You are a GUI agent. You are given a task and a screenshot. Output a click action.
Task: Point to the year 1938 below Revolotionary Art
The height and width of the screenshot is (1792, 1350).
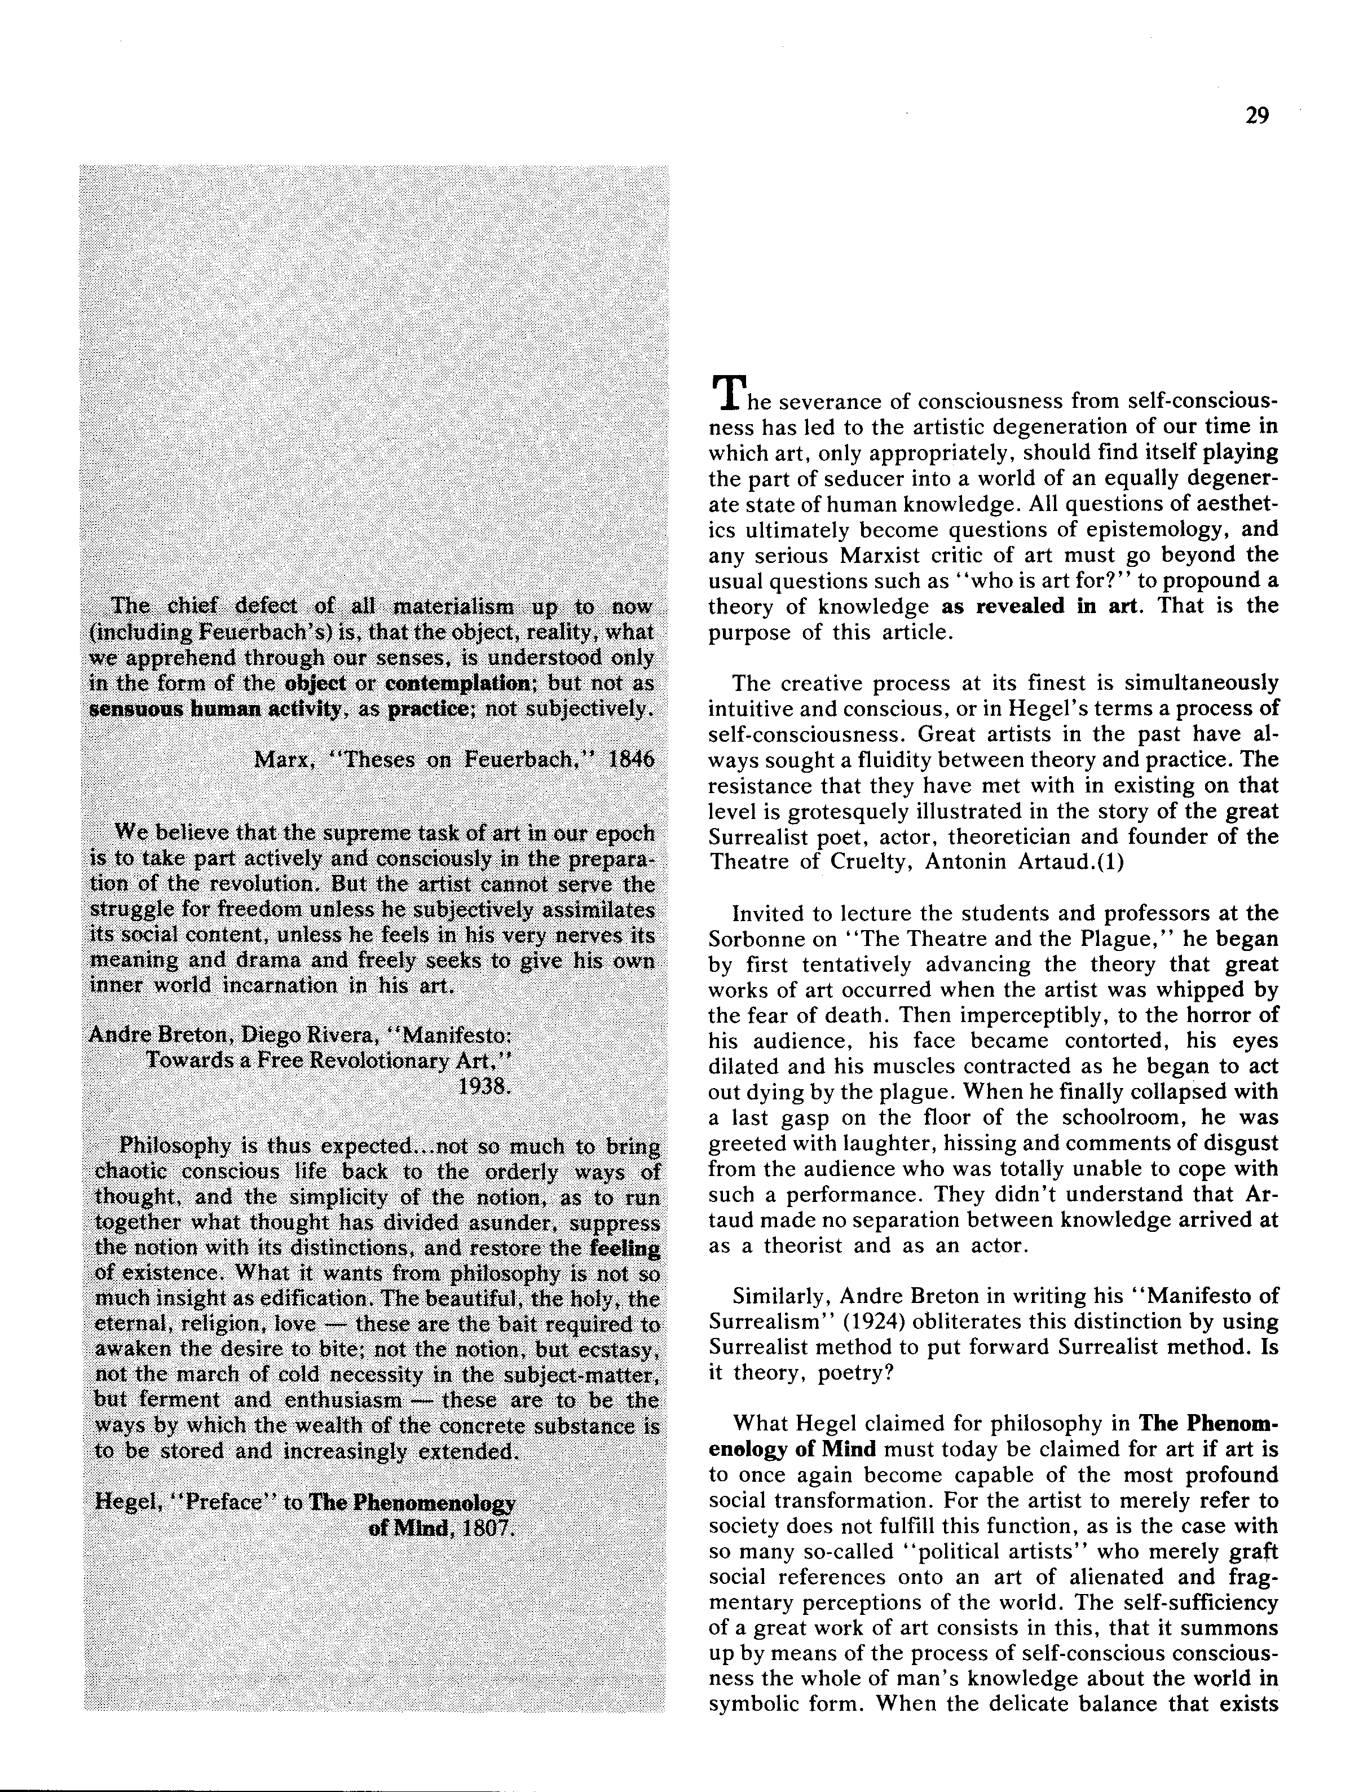coord(485,1086)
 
